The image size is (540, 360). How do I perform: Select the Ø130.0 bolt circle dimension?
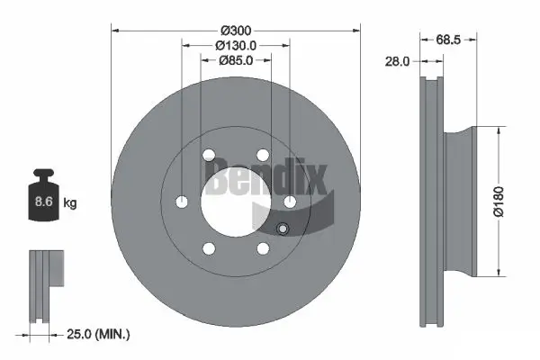(236, 45)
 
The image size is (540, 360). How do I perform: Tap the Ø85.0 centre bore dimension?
(236, 61)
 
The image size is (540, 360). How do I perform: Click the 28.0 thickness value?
(396, 61)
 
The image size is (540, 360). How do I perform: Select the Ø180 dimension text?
(510, 199)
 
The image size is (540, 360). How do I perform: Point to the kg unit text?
(70, 203)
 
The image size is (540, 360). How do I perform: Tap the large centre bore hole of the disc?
(235, 201)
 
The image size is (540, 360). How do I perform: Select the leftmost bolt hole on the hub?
(182, 201)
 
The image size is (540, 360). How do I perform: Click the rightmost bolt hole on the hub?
(290, 201)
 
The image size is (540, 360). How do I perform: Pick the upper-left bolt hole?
(209, 154)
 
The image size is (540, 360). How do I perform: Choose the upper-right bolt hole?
(263, 154)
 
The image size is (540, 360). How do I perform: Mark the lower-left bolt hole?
(209, 247)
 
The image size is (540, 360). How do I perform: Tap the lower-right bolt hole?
(263, 247)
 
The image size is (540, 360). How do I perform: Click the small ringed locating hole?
(283, 229)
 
